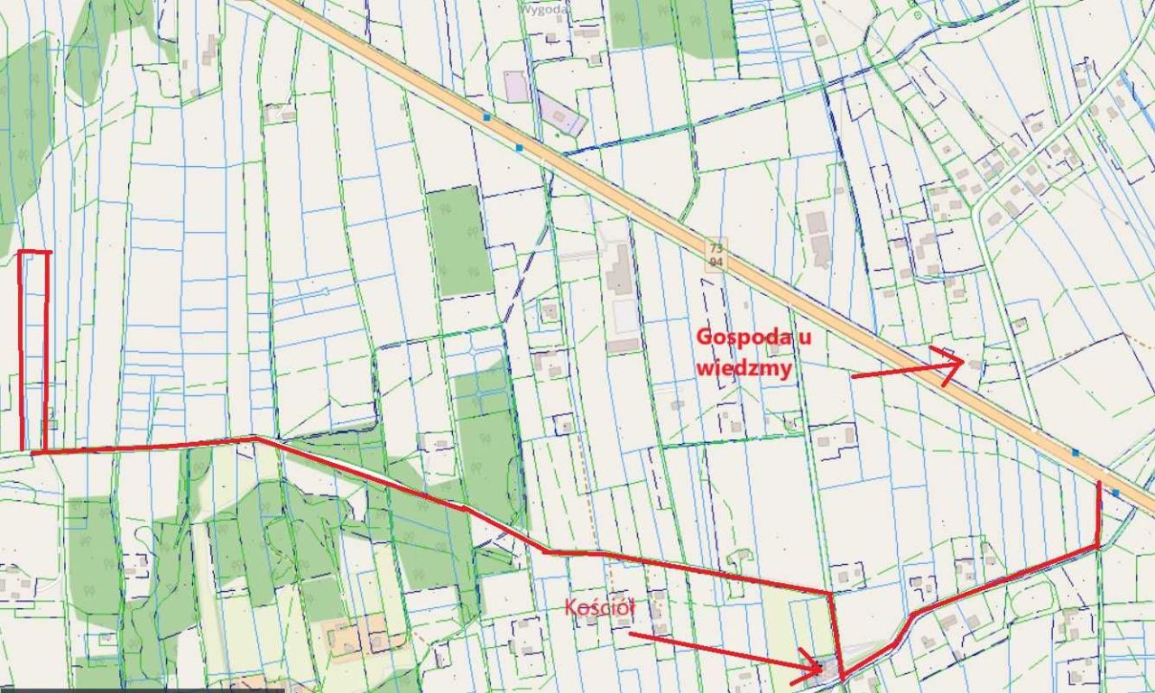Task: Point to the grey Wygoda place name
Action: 545,8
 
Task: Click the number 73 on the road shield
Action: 716,248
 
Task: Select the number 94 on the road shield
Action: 716,262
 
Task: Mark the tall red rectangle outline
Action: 34,350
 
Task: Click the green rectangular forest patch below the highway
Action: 459,240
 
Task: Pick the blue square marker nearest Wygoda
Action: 487,117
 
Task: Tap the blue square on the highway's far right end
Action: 1116,493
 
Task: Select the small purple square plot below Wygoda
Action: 516,87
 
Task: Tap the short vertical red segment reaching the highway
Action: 1098,514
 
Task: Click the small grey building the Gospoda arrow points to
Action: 975,364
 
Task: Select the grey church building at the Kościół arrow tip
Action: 824,669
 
